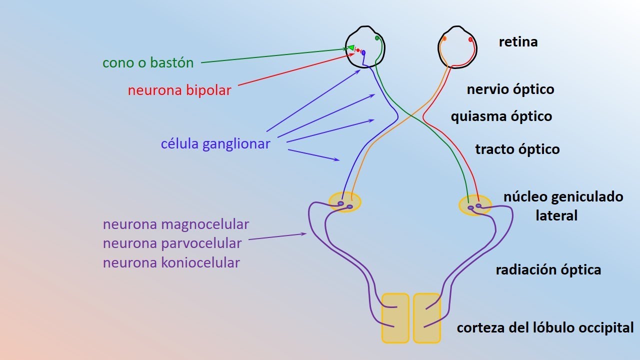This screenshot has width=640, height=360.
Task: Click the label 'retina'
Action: (x=518, y=42)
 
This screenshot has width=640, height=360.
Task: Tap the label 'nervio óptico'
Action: (x=510, y=89)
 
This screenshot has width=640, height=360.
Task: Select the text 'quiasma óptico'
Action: (x=501, y=116)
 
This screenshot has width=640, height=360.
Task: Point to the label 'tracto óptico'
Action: (x=517, y=149)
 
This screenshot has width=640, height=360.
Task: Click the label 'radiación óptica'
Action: (x=548, y=270)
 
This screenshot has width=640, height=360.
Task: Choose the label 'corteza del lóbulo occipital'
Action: (x=545, y=328)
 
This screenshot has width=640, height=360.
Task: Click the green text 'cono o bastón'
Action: (x=147, y=63)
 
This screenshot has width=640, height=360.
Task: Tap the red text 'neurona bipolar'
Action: (x=179, y=90)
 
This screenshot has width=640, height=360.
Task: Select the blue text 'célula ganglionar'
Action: (x=215, y=144)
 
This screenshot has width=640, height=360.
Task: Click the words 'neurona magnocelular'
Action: (x=175, y=224)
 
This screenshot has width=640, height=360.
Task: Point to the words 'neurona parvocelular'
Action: (x=172, y=243)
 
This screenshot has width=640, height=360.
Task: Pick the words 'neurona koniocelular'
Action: (x=171, y=262)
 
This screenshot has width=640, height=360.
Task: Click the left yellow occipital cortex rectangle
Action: (x=395, y=318)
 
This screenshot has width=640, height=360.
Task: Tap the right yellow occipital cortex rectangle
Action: (x=426, y=318)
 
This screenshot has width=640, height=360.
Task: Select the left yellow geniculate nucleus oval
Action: (x=344, y=202)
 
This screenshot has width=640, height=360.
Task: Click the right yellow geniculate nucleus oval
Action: (x=475, y=205)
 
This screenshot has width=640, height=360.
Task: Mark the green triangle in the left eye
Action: (x=351, y=48)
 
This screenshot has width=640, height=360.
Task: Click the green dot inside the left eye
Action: (x=377, y=38)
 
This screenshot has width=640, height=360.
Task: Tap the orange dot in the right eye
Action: (x=444, y=38)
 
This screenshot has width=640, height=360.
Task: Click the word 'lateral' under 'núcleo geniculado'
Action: (x=556, y=216)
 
